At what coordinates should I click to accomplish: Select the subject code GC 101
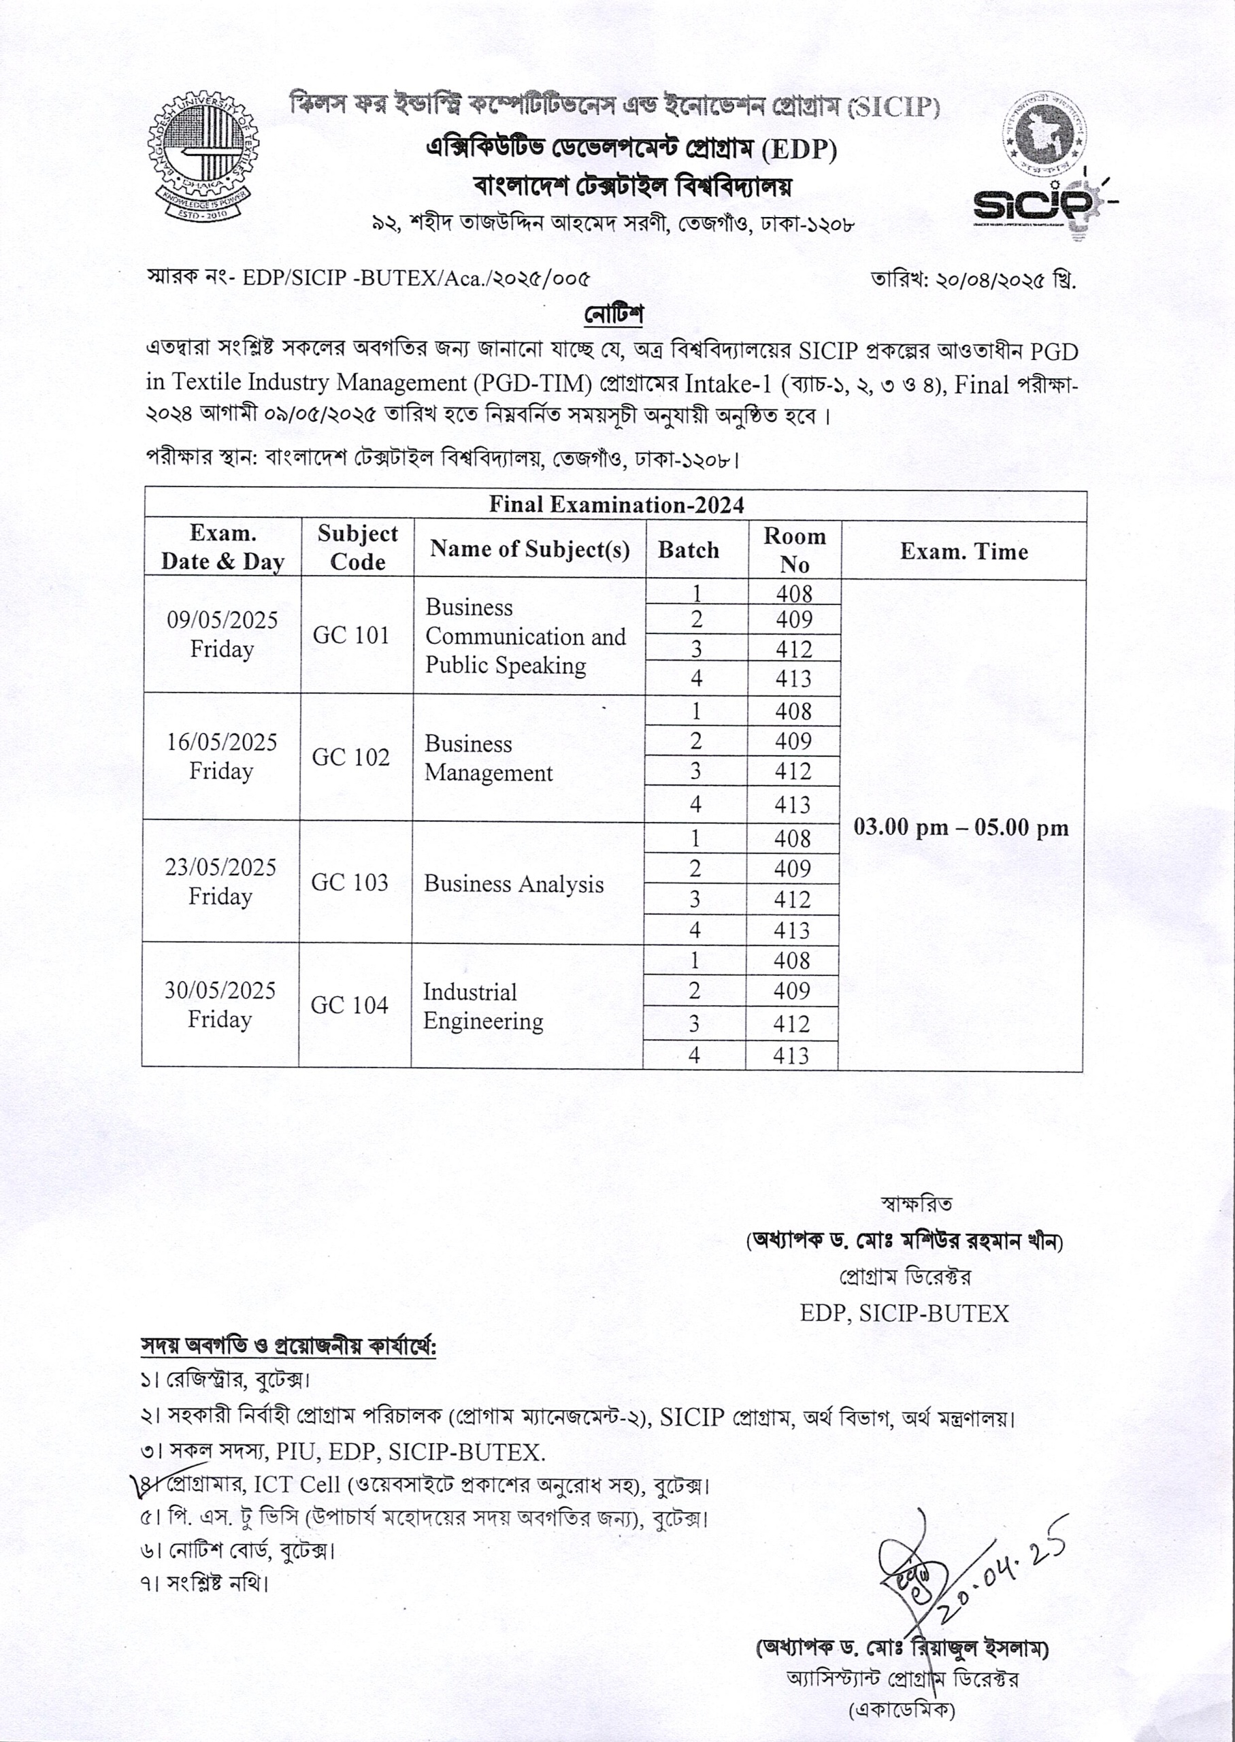pyautogui.click(x=350, y=635)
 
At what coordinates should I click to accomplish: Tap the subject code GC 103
pyautogui.click(x=349, y=882)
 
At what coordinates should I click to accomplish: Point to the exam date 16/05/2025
pyautogui.click(x=222, y=742)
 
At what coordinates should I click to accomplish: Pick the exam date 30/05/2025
pyautogui.click(x=220, y=990)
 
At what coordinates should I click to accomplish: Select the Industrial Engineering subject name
pyautogui.click(x=483, y=1006)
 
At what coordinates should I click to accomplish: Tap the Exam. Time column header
pyautogui.click(x=964, y=551)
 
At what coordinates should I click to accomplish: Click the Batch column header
pyautogui.click(x=688, y=550)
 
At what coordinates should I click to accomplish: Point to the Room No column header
pyautogui.click(x=794, y=550)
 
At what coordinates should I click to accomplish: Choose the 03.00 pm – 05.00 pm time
pyautogui.click(x=961, y=827)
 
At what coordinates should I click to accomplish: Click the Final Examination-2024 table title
pyautogui.click(x=616, y=505)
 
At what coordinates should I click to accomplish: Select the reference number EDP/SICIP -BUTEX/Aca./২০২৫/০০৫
pyautogui.click(x=415, y=278)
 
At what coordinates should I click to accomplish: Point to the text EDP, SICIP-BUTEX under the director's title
pyautogui.click(x=904, y=1313)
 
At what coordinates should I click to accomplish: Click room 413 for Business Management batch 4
pyautogui.click(x=793, y=804)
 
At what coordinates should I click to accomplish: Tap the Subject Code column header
pyautogui.click(x=357, y=548)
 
